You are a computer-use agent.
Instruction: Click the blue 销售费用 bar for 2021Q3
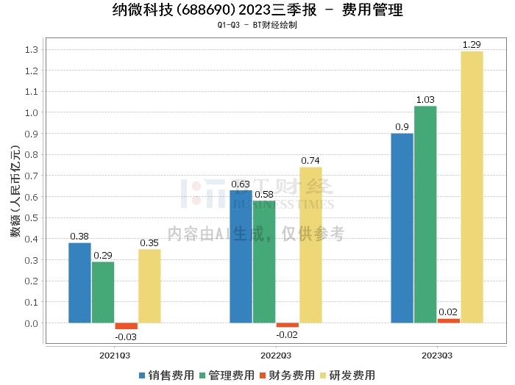(79, 283)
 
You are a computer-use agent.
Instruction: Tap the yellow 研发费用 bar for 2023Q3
(472, 187)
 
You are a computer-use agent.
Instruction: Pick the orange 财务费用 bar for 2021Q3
(126, 325)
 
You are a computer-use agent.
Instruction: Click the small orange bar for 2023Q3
(448, 320)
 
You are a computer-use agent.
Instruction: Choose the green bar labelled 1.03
(425, 214)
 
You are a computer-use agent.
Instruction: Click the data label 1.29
(472, 45)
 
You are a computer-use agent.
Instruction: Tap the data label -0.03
(126, 337)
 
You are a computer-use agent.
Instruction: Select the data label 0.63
(241, 184)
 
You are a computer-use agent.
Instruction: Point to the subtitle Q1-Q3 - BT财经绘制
(257, 25)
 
